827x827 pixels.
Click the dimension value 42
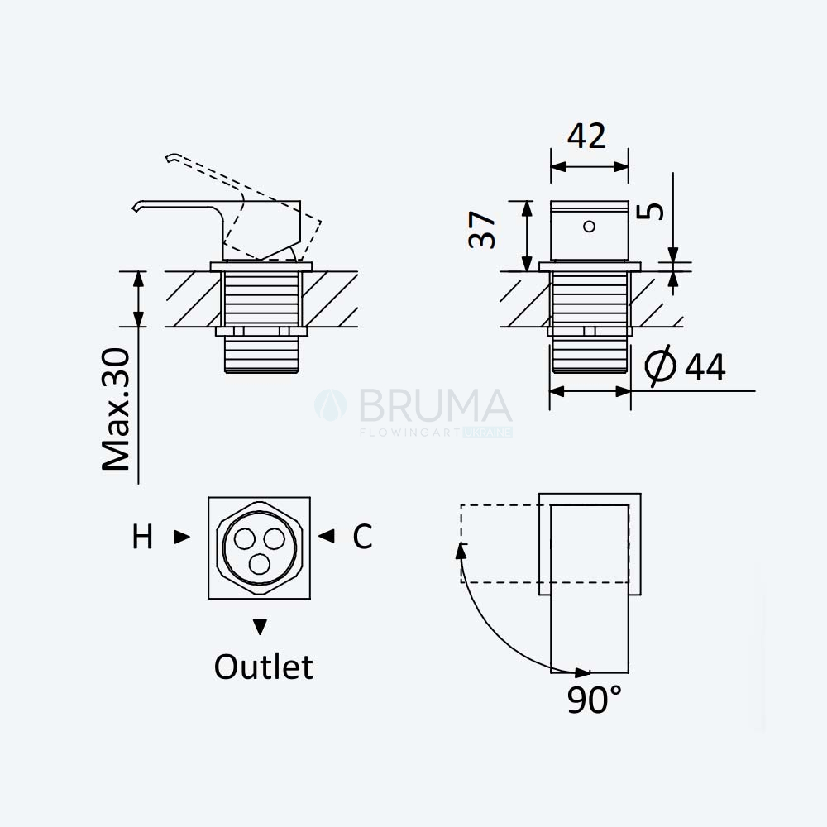click(586, 136)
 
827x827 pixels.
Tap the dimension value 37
click(482, 230)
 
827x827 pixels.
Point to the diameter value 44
click(705, 367)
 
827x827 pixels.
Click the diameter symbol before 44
click(660, 366)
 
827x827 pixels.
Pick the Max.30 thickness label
click(116, 409)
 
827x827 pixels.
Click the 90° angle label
click(595, 700)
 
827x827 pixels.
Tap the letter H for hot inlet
click(142, 537)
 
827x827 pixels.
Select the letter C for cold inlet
click(362, 537)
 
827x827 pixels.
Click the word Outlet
click(263, 667)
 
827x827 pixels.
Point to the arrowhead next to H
click(182, 537)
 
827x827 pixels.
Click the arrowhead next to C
click(326, 536)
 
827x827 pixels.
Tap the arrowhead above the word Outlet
click(260, 627)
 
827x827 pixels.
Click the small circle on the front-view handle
click(589, 227)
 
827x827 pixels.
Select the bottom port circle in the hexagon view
click(259, 564)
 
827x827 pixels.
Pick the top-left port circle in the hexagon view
click(245, 539)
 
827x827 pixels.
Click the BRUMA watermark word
click(435, 405)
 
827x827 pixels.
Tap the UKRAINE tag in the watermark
click(488, 433)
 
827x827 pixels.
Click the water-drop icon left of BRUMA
click(331, 405)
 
